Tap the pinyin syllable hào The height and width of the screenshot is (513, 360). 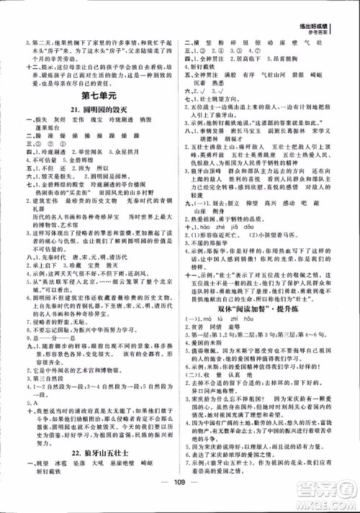tap(244, 214)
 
